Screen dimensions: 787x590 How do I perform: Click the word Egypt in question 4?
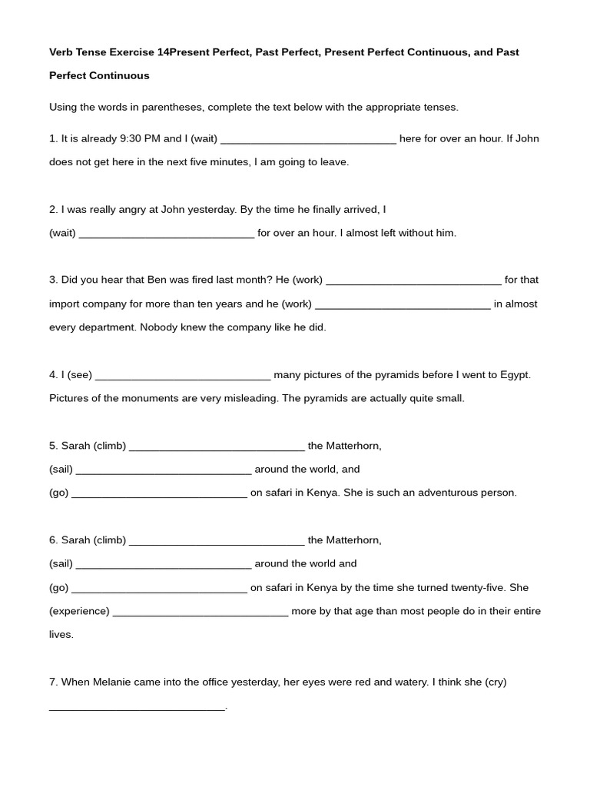point(515,375)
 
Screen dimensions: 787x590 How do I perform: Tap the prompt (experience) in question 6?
point(79,612)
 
